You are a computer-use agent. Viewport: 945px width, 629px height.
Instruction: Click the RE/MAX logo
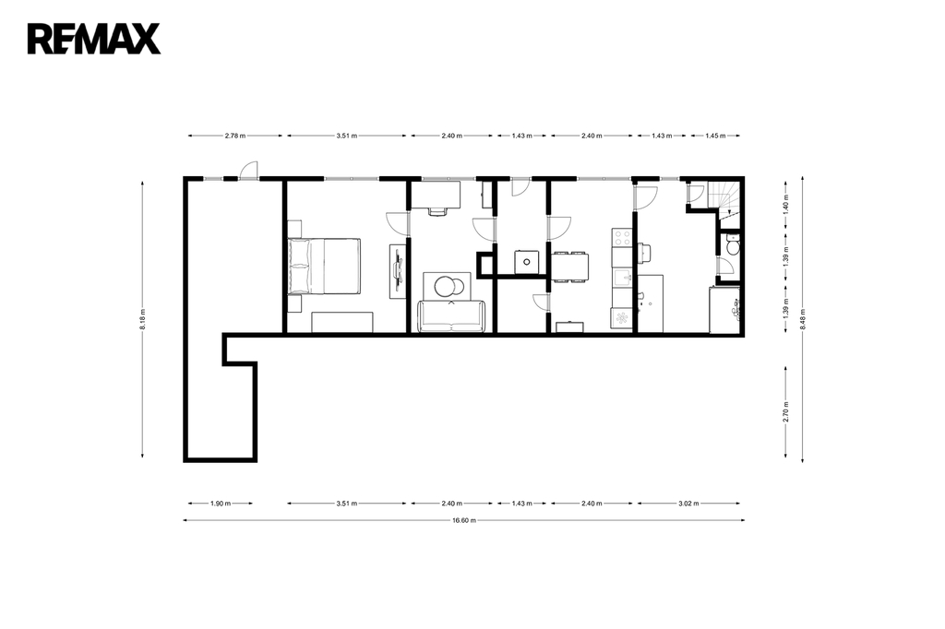pyautogui.click(x=94, y=39)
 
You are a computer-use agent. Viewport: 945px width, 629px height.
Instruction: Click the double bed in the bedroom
pyautogui.click(x=324, y=267)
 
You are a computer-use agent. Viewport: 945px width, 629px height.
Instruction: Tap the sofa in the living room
pyautogui.click(x=451, y=315)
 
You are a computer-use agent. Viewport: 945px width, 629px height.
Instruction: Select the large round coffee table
pyautogui.click(x=448, y=286)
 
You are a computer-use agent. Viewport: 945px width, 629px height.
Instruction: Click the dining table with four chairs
pyautogui.click(x=569, y=267)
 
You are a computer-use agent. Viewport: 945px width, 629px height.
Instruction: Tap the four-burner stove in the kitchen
pyautogui.click(x=621, y=237)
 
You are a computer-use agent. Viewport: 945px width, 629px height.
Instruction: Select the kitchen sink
pyautogui.click(x=621, y=278)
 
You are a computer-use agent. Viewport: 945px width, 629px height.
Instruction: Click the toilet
pyautogui.click(x=732, y=247)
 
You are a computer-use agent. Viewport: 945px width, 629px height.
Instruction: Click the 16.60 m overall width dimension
pyautogui.click(x=464, y=520)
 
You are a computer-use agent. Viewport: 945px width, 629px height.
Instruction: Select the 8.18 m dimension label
pyautogui.click(x=142, y=319)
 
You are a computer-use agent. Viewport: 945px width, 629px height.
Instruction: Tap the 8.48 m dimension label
pyautogui.click(x=802, y=319)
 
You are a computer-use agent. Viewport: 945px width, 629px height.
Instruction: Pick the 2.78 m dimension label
pyautogui.click(x=235, y=136)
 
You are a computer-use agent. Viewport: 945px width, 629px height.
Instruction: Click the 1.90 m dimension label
pyautogui.click(x=220, y=503)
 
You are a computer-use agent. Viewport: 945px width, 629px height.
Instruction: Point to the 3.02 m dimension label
pyautogui.click(x=688, y=503)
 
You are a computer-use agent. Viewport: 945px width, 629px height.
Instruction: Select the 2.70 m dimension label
pyautogui.click(x=786, y=412)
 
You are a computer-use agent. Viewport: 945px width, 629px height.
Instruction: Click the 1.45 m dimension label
pyautogui.click(x=715, y=136)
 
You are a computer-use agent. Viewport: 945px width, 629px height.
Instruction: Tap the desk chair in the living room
pyautogui.click(x=438, y=211)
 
